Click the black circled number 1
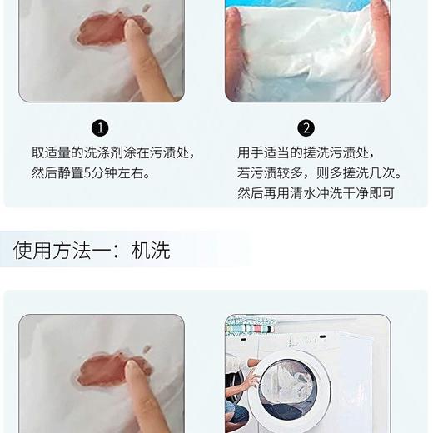point(101,127)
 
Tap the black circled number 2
point(306,127)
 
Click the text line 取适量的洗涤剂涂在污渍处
point(113,153)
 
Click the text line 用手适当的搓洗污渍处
point(306,153)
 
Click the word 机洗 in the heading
point(151,250)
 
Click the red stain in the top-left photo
point(104,32)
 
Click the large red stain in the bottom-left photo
point(104,369)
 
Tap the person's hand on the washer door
point(252,381)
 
